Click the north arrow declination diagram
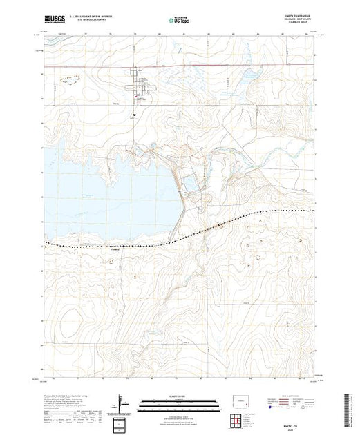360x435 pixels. [x=122, y=402]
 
